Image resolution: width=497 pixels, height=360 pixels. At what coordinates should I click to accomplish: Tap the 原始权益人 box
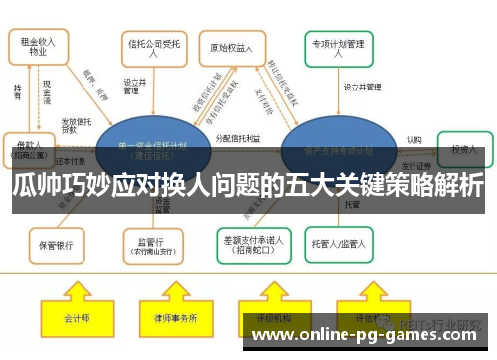point(232,47)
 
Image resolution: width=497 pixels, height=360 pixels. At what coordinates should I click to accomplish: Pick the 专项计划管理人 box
point(339,47)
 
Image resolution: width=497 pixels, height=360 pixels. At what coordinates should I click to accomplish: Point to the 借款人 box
point(30,147)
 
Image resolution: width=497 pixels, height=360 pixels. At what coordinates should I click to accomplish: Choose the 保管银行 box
point(56,243)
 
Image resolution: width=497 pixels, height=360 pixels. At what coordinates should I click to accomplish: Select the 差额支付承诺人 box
point(251,242)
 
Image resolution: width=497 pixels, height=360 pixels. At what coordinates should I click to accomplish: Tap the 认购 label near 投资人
point(414,139)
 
